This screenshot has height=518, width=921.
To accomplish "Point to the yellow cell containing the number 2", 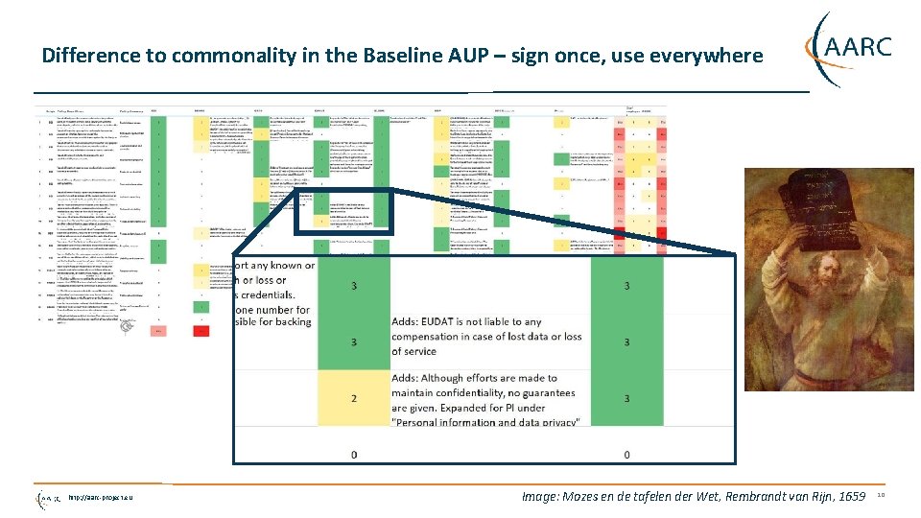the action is click(x=354, y=398).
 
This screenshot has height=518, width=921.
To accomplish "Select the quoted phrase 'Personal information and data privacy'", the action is click(x=486, y=422).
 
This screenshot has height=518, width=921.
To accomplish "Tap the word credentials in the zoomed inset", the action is click(x=270, y=294).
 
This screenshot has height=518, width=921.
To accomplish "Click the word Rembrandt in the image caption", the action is click(x=750, y=497).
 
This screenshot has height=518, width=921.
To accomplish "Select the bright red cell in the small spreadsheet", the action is click(x=201, y=331).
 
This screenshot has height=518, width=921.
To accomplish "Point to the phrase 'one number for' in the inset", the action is click(x=272, y=310).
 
